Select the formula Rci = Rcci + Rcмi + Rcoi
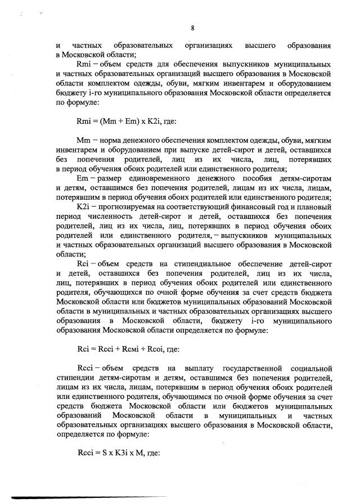tap(127, 349)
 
